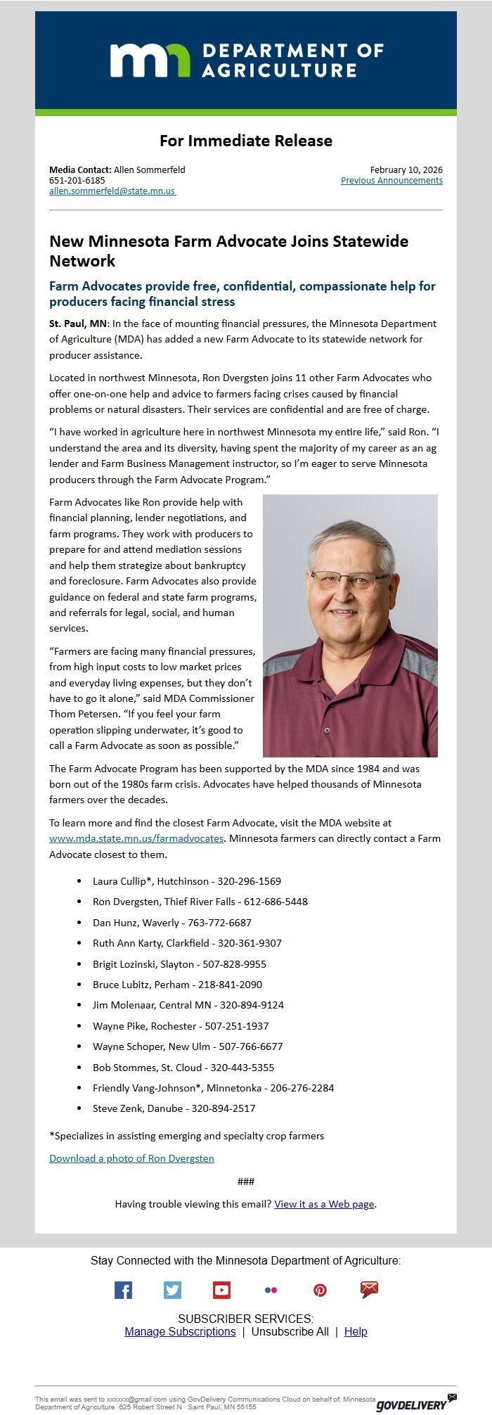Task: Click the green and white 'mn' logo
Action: tap(150, 60)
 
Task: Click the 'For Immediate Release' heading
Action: tap(245, 141)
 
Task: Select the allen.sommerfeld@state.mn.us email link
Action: tap(112, 191)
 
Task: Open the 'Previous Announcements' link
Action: tap(391, 181)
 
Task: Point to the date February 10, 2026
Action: tap(406, 170)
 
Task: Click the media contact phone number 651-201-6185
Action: tap(77, 181)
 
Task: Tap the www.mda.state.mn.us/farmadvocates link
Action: tap(136, 838)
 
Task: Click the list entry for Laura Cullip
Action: tap(186, 881)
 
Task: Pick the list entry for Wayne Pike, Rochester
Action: tap(181, 1026)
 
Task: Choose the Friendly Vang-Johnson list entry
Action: tap(213, 1088)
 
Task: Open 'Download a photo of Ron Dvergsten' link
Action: tap(131, 1158)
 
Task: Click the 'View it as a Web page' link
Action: tap(324, 1204)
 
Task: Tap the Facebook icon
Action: tap(123, 1290)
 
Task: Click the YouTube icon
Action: tap(221, 1290)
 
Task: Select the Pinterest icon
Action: tap(320, 1290)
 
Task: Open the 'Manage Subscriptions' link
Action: tap(180, 1331)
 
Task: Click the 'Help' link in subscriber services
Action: tap(356, 1331)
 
